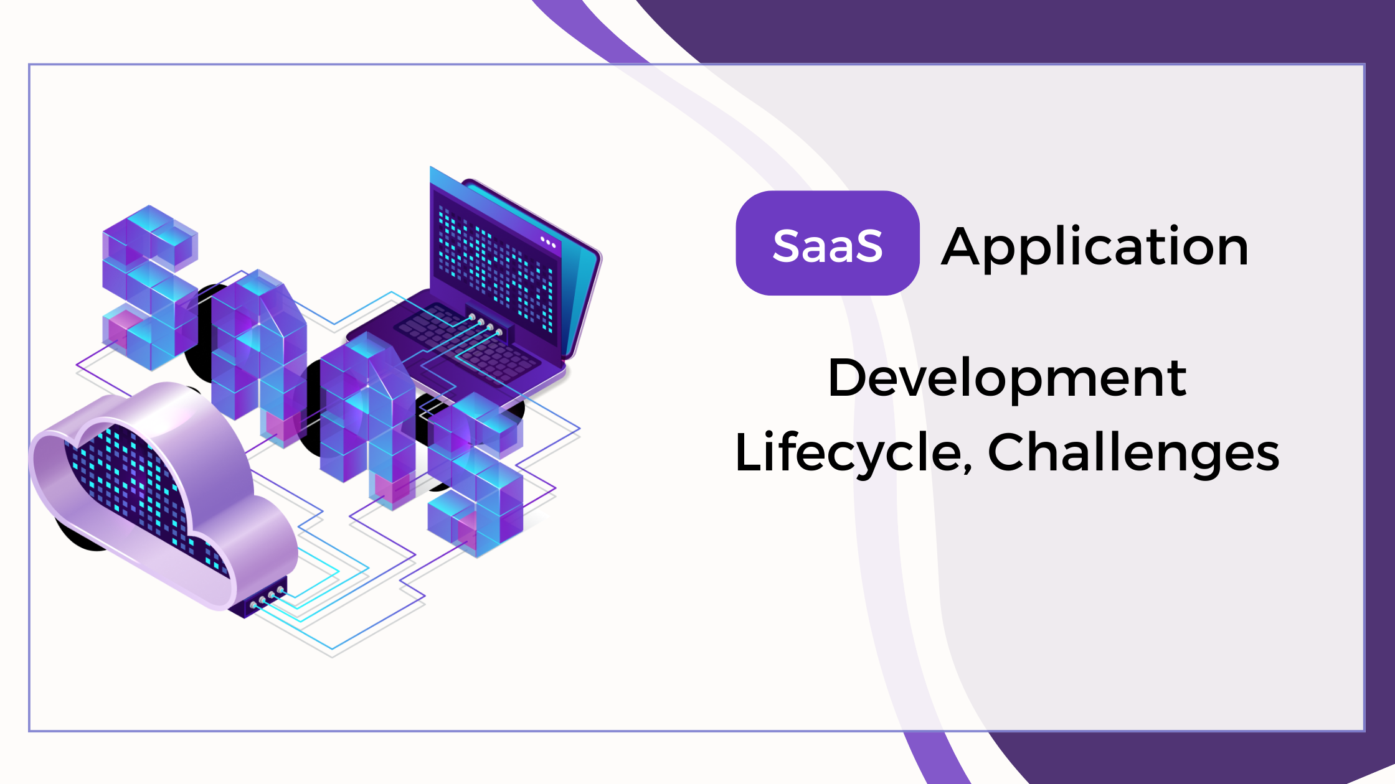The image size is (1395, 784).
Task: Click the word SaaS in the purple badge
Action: tap(828, 245)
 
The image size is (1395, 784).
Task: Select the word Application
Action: tap(1095, 248)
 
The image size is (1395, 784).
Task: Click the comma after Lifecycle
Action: tap(967, 467)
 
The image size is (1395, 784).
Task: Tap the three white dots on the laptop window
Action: tap(547, 241)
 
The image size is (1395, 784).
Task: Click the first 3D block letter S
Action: tap(149, 286)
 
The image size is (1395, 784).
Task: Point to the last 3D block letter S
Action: tap(476, 473)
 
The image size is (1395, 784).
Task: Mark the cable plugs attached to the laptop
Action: tap(486, 325)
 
